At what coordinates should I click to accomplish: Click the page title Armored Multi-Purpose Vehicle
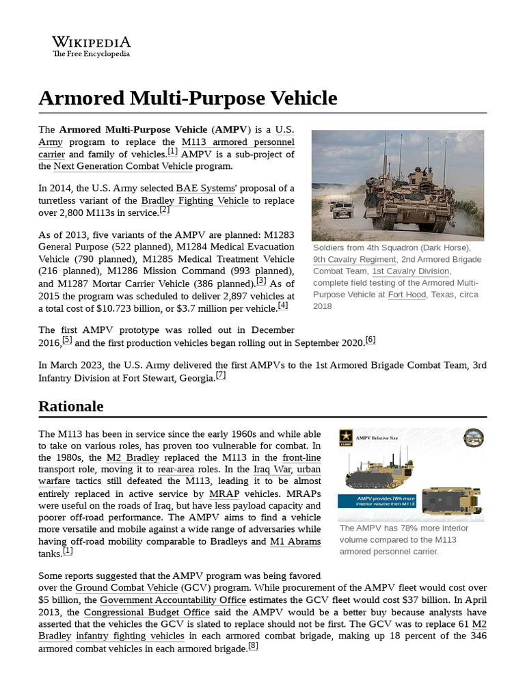(188, 98)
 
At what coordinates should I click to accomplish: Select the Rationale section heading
(71, 406)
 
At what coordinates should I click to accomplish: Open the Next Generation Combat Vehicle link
(123, 165)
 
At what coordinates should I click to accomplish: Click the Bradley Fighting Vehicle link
(189, 200)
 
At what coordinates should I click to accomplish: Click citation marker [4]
(283, 306)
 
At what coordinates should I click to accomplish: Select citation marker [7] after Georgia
(221, 375)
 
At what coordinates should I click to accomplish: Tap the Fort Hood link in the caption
(405, 294)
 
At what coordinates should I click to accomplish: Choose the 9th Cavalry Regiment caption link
(354, 259)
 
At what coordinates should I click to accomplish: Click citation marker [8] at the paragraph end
(253, 646)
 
